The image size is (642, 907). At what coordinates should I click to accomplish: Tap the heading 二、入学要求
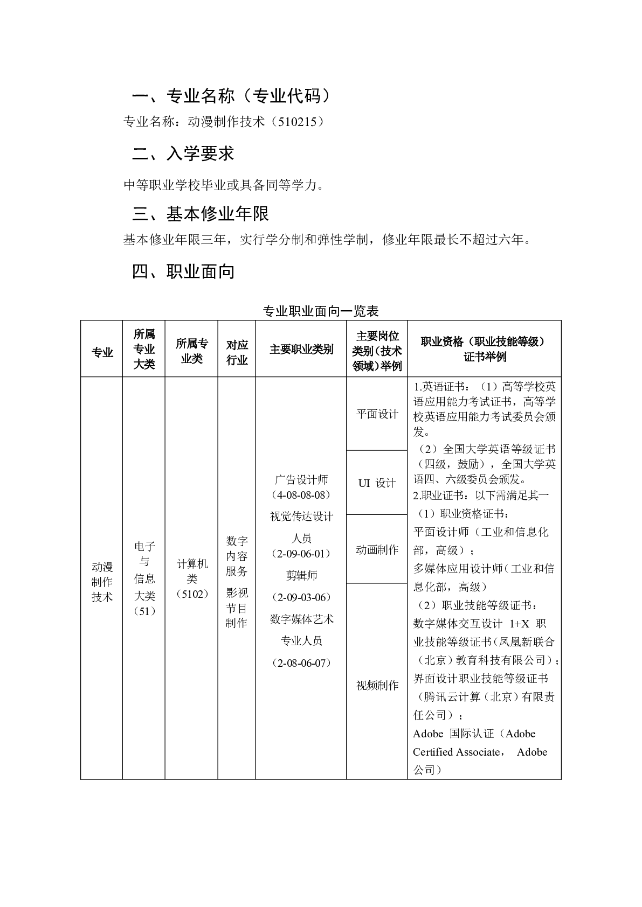(x=183, y=155)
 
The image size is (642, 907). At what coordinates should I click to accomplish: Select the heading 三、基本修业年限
(x=201, y=214)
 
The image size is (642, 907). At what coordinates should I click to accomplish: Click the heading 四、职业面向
(x=183, y=272)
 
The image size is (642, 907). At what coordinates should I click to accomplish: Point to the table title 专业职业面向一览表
(x=321, y=311)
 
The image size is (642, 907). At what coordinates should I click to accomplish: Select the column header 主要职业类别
(x=301, y=350)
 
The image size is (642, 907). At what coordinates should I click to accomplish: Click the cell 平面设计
(x=377, y=414)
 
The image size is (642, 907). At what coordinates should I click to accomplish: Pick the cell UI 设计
(x=377, y=483)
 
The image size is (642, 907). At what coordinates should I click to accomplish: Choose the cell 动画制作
(x=377, y=550)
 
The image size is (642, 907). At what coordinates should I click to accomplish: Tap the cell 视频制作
(x=377, y=686)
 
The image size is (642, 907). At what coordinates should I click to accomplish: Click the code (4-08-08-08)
(x=301, y=495)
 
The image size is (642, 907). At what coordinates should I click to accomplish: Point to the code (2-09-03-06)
(x=301, y=597)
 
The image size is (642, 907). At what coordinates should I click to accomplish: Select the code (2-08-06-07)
(x=301, y=663)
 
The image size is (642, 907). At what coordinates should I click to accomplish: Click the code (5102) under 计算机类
(x=192, y=595)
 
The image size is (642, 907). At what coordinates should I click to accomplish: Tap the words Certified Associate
(x=457, y=752)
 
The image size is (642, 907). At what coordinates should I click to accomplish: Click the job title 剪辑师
(x=301, y=575)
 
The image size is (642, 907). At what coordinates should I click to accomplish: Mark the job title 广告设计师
(x=301, y=479)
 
